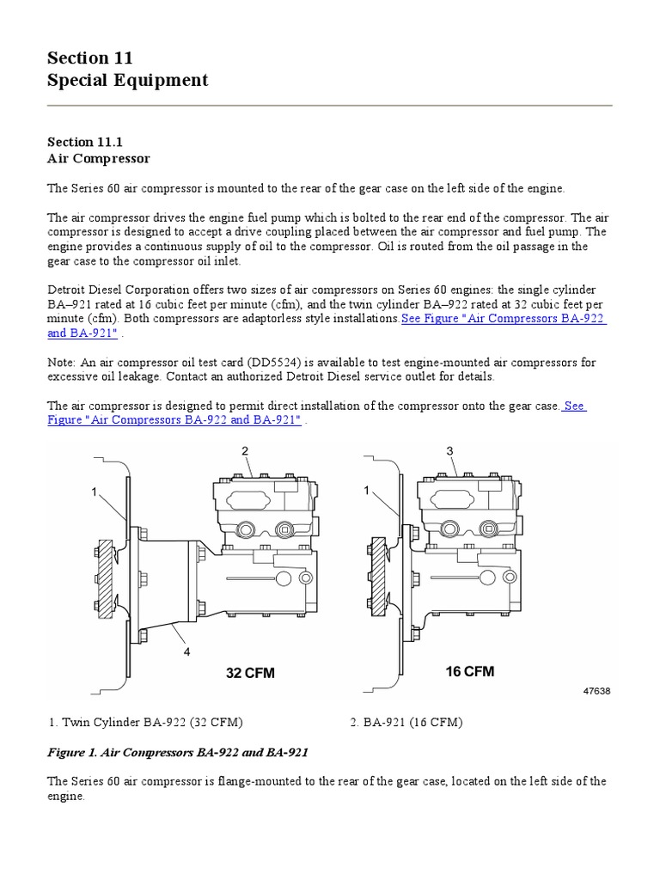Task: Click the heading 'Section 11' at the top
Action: [90, 58]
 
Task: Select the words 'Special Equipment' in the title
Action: [127, 81]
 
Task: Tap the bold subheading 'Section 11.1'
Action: [86, 142]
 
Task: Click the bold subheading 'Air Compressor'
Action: [99, 158]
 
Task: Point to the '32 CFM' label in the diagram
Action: [250, 673]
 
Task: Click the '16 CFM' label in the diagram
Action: [469, 671]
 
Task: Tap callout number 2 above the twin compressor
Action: [245, 450]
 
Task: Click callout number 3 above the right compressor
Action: [449, 450]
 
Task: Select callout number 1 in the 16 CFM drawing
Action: [367, 490]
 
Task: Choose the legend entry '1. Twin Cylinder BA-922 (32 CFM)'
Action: [151, 722]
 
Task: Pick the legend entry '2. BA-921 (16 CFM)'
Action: [406, 722]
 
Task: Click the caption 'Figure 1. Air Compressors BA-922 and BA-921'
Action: [178, 752]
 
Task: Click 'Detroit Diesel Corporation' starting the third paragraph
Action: [119, 290]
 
